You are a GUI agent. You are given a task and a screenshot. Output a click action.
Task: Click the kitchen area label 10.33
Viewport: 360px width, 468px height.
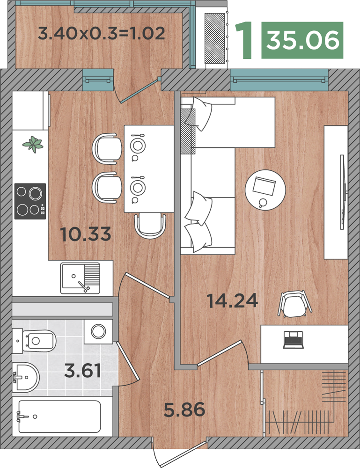[85, 234]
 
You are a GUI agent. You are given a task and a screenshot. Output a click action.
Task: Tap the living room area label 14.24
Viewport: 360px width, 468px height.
[232, 300]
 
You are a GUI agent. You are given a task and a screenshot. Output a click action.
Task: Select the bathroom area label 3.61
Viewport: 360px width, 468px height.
[83, 371]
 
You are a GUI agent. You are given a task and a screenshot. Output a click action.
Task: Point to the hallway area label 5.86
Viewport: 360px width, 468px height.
[184, 409]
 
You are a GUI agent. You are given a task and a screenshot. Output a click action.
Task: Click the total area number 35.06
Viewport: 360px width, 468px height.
[303, 40]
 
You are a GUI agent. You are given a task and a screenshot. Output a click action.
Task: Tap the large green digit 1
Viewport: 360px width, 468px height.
[244, 40]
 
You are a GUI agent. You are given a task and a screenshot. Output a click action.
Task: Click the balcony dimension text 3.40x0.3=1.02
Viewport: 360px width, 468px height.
[102, 33]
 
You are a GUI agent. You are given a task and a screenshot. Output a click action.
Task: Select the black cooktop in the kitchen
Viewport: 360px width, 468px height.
[30, 201]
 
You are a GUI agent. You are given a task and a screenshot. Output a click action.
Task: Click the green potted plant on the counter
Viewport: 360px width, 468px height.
[33, 144]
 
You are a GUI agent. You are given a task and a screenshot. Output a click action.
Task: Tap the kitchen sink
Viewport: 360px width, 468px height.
[80, 278]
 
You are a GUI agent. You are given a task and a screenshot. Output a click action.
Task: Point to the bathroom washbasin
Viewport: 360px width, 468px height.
[26, 377]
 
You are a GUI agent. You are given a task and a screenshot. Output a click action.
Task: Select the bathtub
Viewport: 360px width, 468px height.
[59, 417]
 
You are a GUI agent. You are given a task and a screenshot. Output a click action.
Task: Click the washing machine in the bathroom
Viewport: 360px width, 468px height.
[98, 331]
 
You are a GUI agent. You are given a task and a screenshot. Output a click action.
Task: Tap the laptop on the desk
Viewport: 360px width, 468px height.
[294, 340]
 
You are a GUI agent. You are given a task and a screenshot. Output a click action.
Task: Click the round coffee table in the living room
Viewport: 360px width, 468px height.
[265, 190]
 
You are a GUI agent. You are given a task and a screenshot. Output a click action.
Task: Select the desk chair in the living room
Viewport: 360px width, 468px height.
[295, 304]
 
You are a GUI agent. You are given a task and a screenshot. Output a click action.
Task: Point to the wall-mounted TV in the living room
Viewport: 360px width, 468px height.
[343, 192]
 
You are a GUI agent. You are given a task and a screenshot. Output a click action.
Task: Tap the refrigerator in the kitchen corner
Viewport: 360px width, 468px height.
[30, 110]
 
